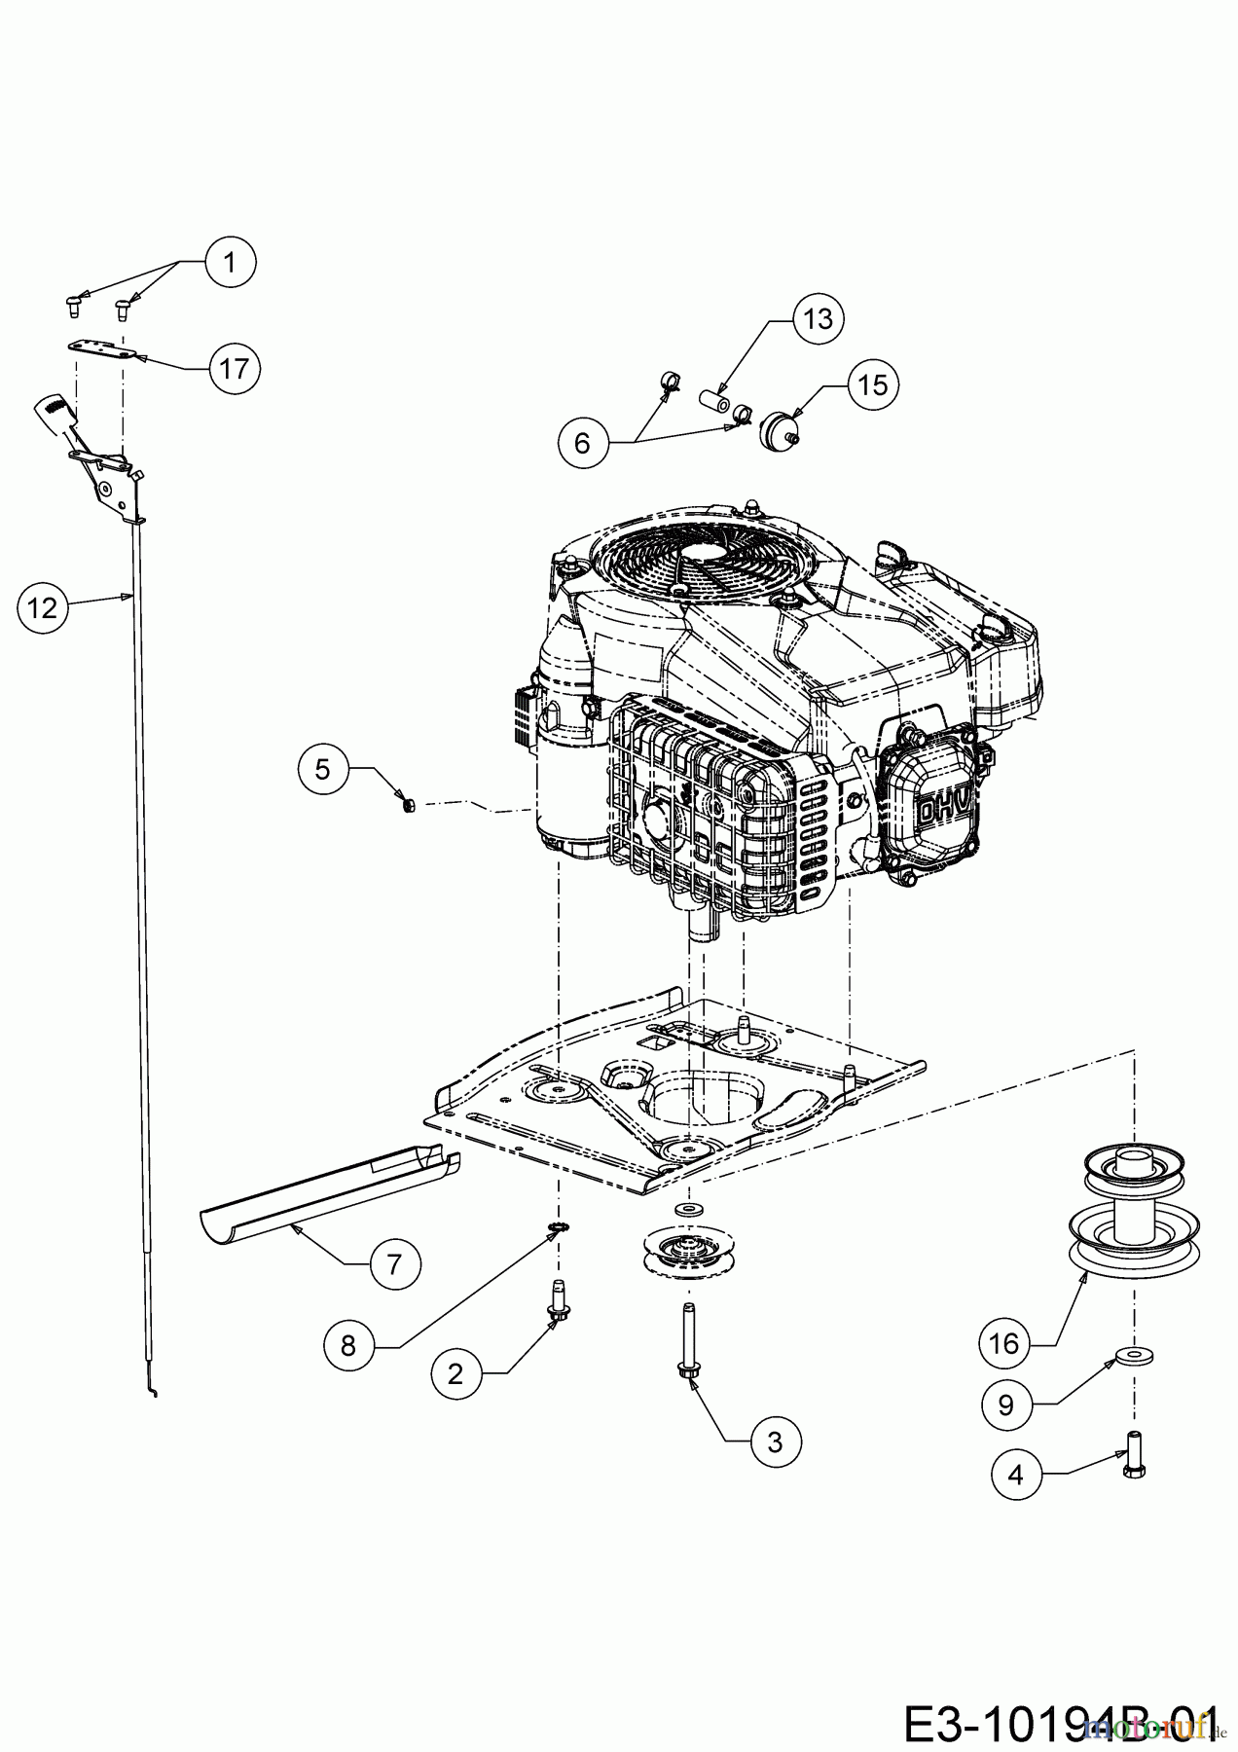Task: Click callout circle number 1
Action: click(x=230, y=262)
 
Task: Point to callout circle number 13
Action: click(x=819, y=318)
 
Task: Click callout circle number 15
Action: click(x=873, y=385)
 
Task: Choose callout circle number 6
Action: click(x=582, y=444)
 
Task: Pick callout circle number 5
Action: click(x=322, y=769)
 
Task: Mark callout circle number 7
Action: click(x=394, y=1264)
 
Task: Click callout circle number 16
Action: click(x=1003, y=1344)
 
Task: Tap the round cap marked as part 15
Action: click(x=778, y=428)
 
